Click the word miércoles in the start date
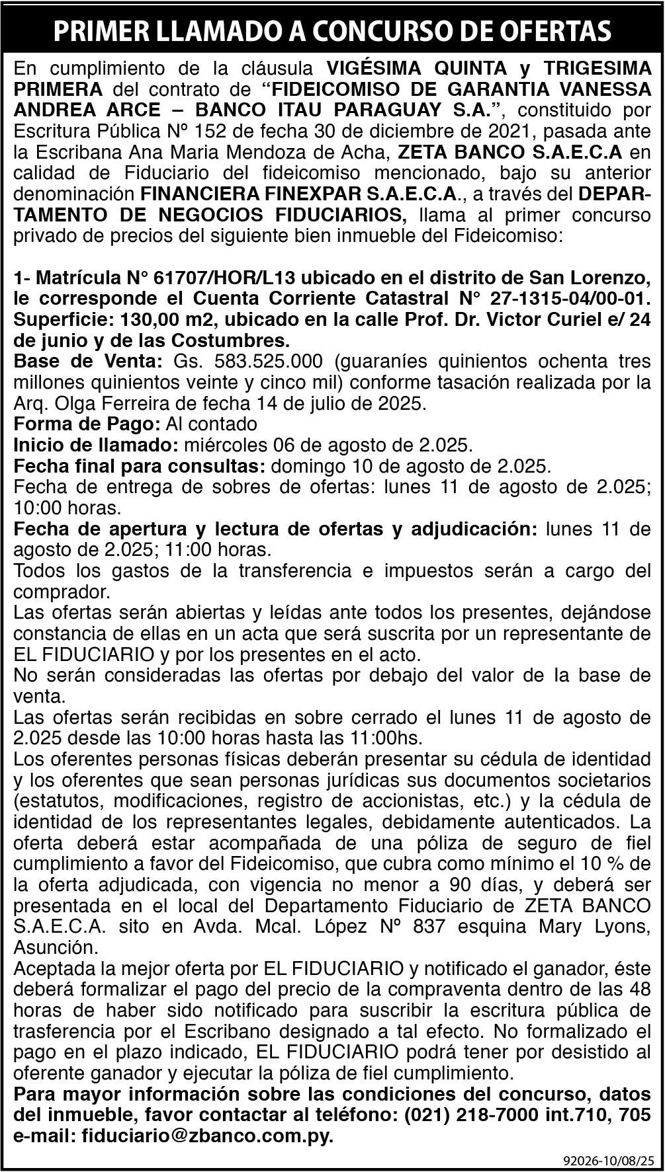pos(223,445)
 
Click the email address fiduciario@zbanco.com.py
pos(207,1136)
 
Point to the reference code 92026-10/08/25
pos(609,1160)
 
